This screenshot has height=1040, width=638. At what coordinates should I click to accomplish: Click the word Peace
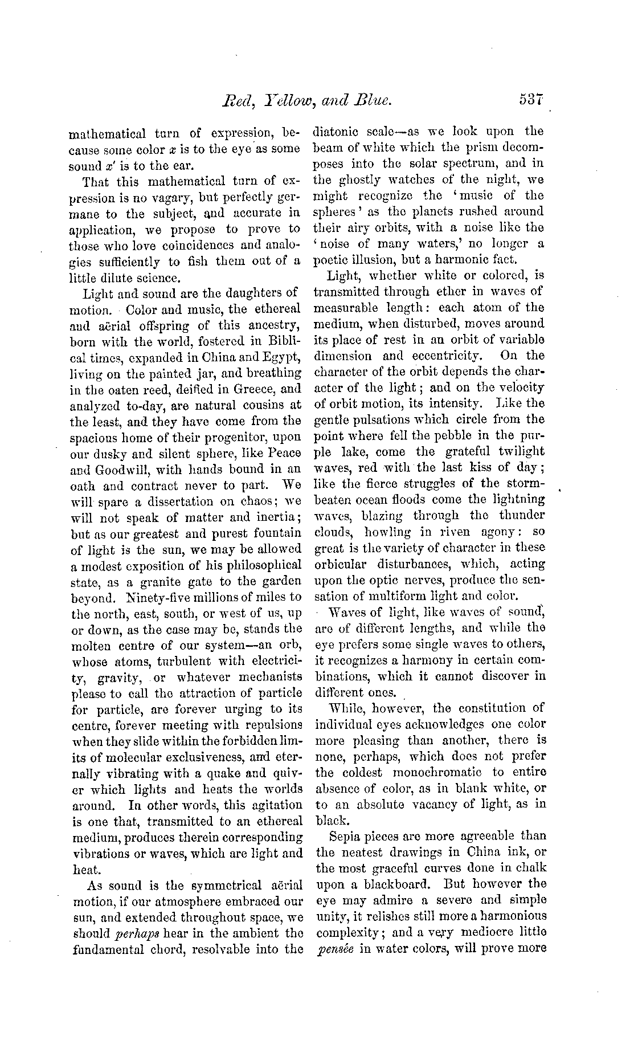pyautogui.click(x=282, y=454)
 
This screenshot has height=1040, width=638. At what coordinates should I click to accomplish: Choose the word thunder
pyautogui.click(x=521, y=515)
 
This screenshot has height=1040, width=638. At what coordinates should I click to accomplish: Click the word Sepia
pyautogui.click(x=346, y=835)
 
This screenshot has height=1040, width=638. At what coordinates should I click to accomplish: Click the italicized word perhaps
pyautogui.click(x=139, y=933)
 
